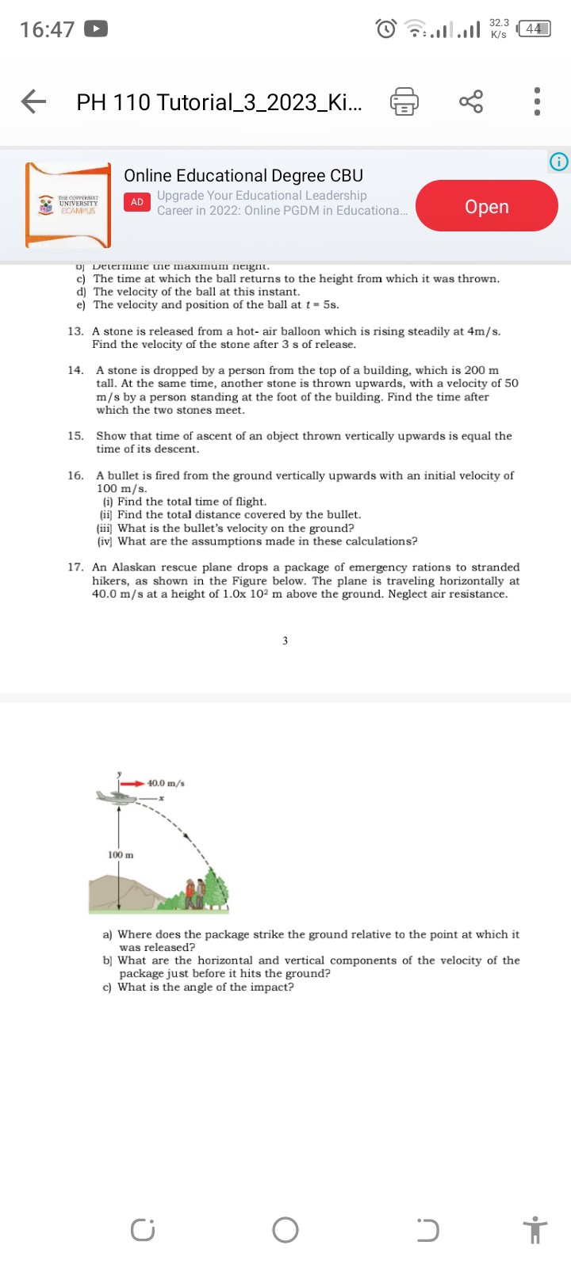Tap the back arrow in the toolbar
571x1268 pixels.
tap(33, 101)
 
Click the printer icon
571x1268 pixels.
tap(404, 102)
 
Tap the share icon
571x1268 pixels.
tap(470, 101)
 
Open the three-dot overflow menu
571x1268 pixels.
tap(537, 101)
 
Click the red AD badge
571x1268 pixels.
tap(137, 202)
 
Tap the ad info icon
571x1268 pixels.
tap(558, 162)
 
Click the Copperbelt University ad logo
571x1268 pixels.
tap(68, 205)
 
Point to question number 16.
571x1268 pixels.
tap(76, 475)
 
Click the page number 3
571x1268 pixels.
tap(285, 640)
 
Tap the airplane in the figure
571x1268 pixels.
tap(117, 796)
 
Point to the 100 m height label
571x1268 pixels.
tap(121, 855)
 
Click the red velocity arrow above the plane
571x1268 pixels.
tap(133, 783)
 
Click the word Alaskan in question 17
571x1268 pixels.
tap(135, 567)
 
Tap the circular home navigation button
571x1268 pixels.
tap(285, 1230)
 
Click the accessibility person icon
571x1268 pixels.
tap(536, 1230)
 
